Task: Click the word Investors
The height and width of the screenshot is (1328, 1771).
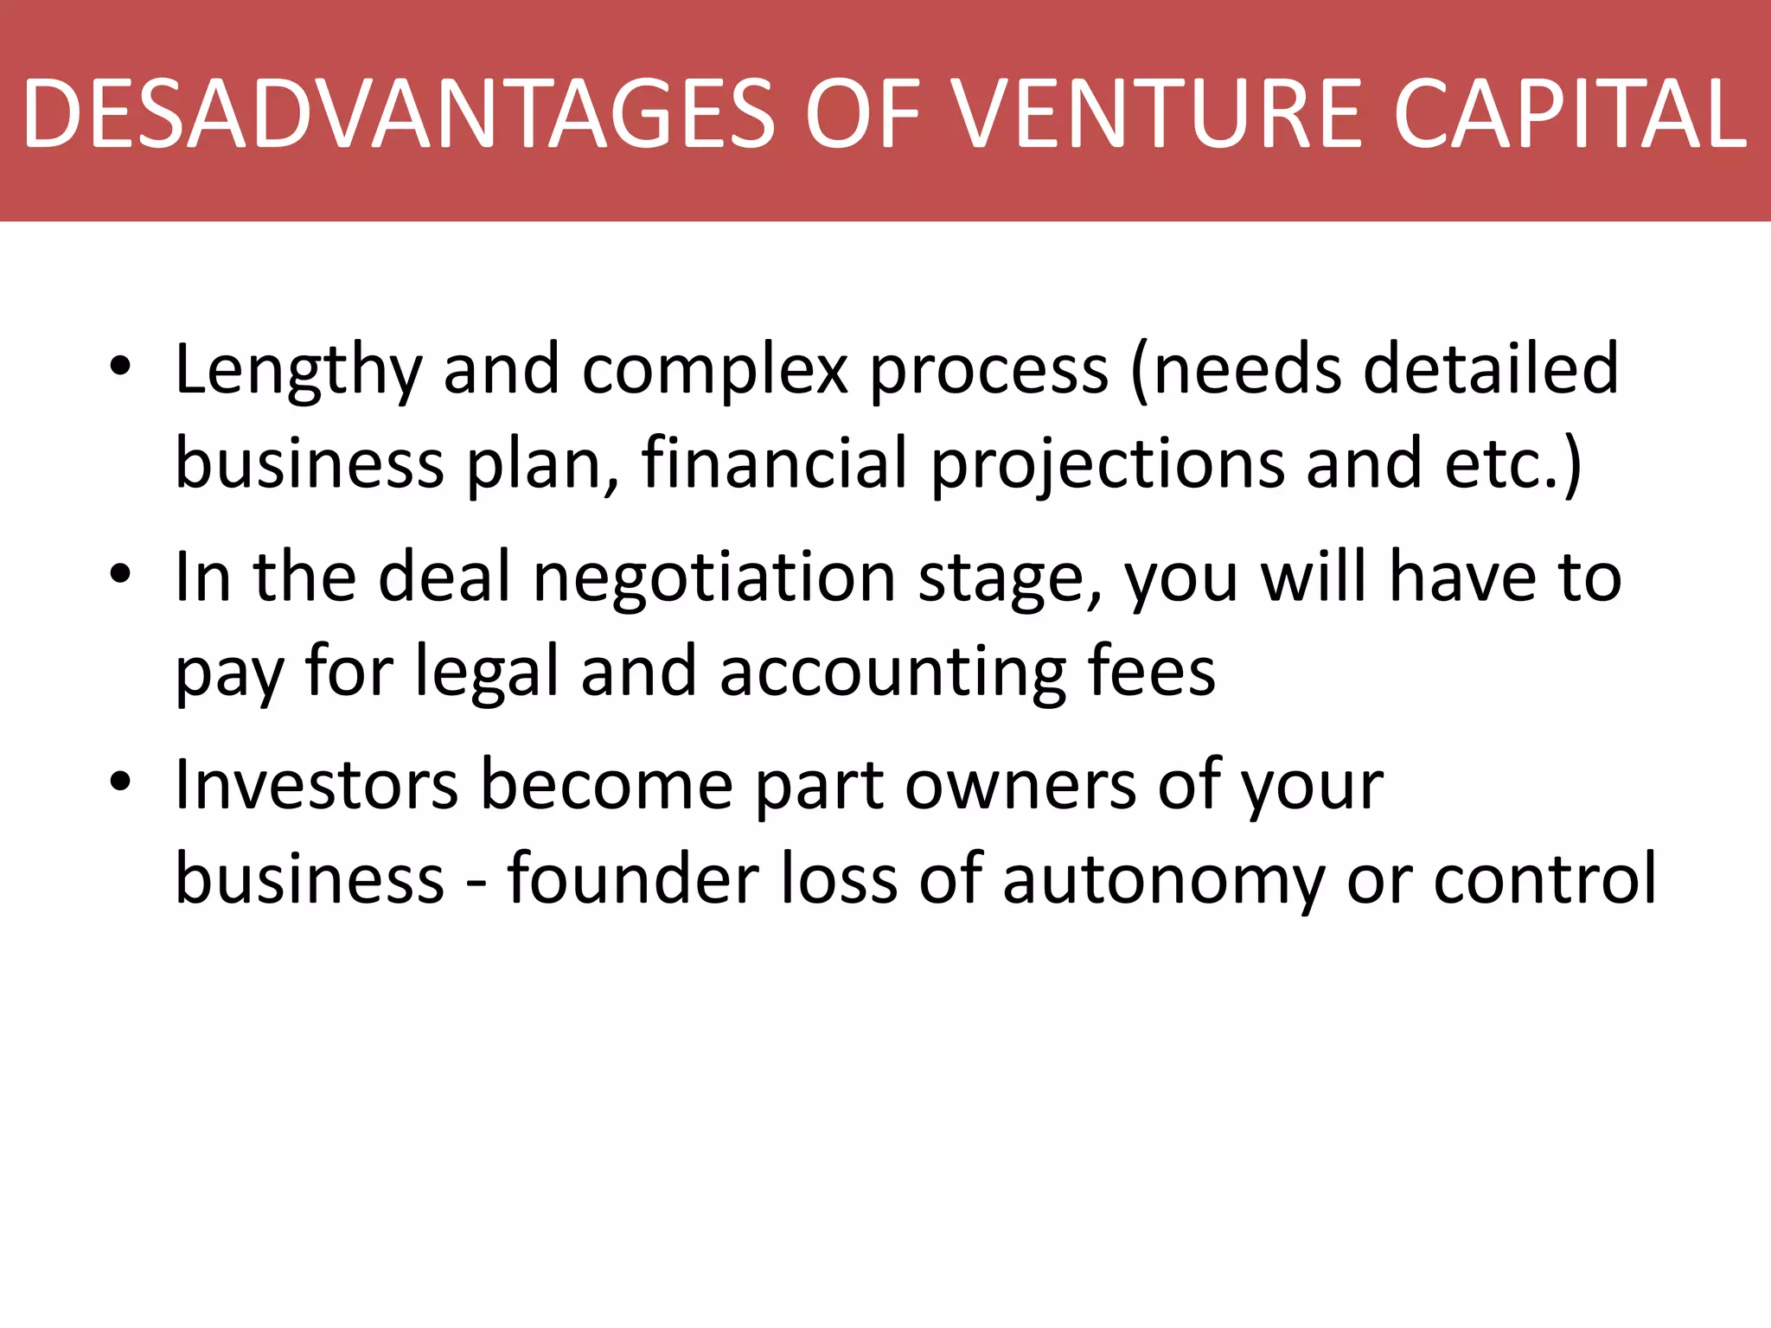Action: click(316, 784)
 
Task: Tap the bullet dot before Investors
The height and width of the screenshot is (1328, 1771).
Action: click(120, 782)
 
